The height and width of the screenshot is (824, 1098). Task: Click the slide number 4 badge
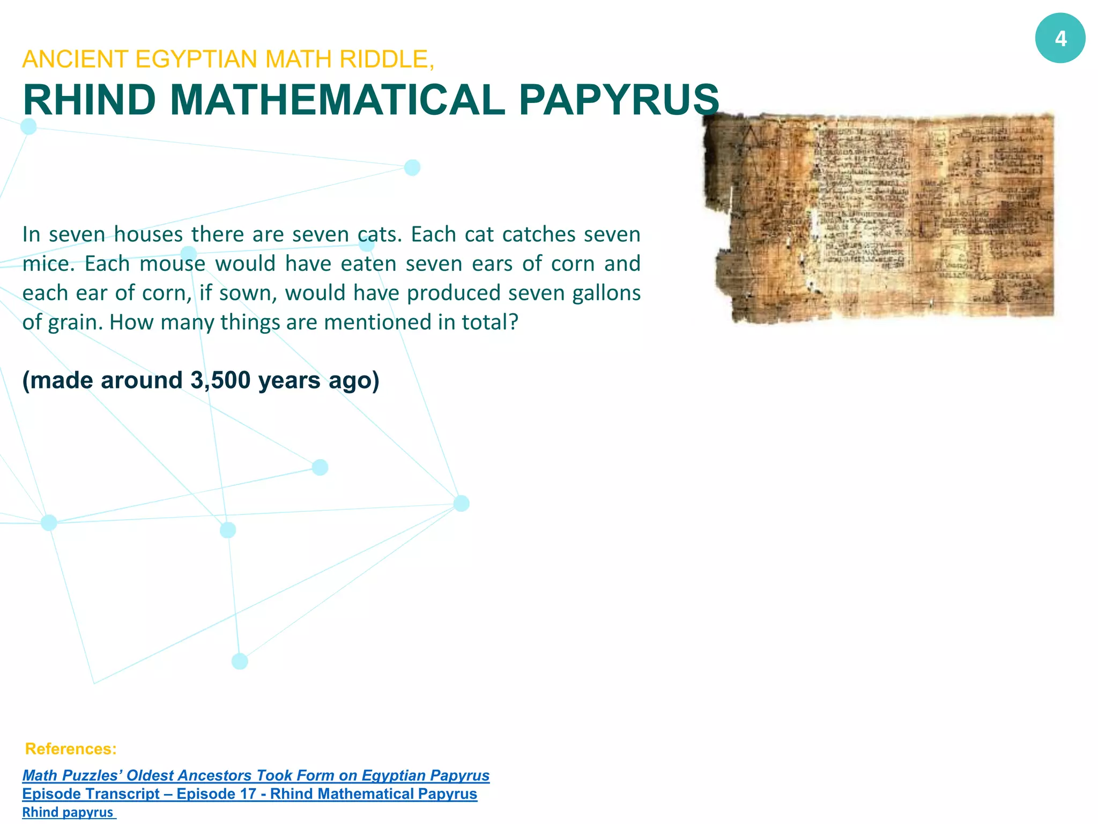tap(1060, 39)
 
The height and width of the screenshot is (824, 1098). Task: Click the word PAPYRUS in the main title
tap(619, 100)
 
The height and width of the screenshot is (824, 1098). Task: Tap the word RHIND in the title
tap(89, 100)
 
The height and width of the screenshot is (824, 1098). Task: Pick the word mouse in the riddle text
tap(172, 264)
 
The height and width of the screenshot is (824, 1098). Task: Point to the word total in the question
tap(487, 322)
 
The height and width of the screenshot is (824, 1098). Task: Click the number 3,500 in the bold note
tap(220, 380)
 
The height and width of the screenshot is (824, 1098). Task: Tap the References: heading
tap(71, 748)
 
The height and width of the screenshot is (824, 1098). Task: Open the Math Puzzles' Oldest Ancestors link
tap(256, 775)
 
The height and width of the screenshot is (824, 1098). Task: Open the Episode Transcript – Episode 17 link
tap(249, 793)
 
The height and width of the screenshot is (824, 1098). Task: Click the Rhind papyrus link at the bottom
tap(68, 812)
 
